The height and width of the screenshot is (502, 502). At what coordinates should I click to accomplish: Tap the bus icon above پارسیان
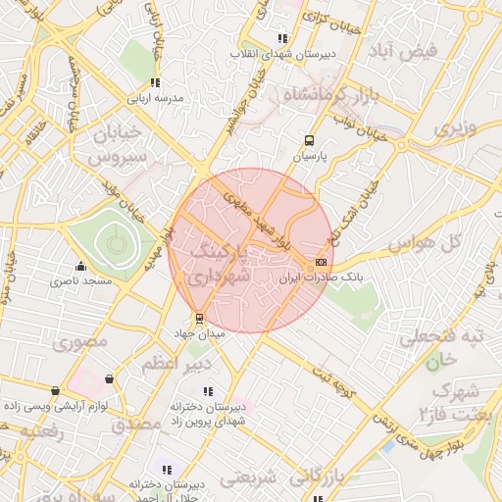click(x=310, y=140)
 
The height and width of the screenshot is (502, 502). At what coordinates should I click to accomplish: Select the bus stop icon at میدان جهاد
click(x=200, y=318)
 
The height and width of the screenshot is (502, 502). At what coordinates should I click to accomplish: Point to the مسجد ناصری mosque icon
click(x=80, y=266)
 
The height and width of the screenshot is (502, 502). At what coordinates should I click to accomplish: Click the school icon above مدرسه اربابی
click(x=154, y=83)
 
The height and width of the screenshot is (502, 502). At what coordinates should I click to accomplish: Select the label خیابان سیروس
click(x=117, y=142)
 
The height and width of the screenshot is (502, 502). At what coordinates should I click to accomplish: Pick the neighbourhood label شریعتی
click(x=251, y=478)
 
